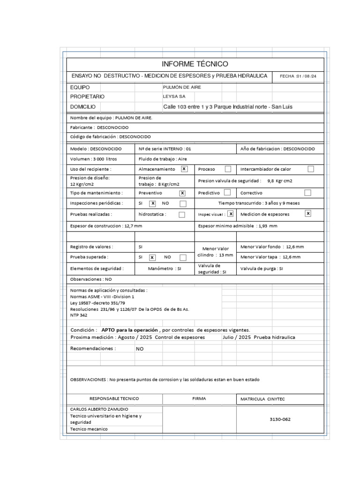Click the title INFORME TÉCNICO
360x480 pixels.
[x=195, y=64]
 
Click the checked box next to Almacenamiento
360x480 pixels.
[x=184, y=169]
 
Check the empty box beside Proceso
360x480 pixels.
[x=228, y=169]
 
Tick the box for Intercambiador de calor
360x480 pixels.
[x=310, y=169]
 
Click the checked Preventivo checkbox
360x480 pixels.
[x=182, y=193]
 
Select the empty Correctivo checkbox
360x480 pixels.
[x=308, y=193]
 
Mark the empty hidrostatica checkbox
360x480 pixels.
[x=182, y=215]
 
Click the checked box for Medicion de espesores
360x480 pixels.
[x=308, y=214]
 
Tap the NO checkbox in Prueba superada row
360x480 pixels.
[x=183, y=257]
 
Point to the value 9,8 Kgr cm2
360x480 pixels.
[x=279, y=180]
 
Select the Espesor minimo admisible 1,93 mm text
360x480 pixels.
[x=238, y=226]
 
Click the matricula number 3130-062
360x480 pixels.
[x=280, y=420]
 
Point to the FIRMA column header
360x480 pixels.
[x=199, y=398]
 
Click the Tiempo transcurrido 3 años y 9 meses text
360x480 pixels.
[x=259, y=203]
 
